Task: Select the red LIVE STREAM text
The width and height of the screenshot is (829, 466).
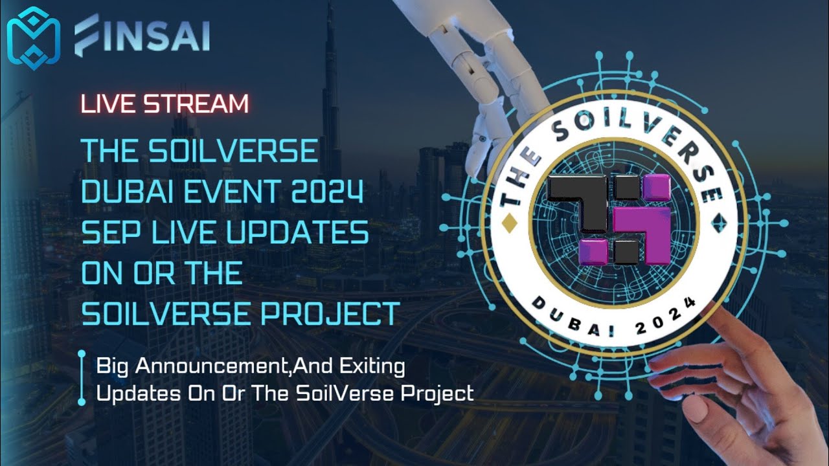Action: pyautogui.click(x=165, y=104)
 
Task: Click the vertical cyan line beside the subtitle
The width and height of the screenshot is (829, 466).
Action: pyautogui.click(x=82, y=378)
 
